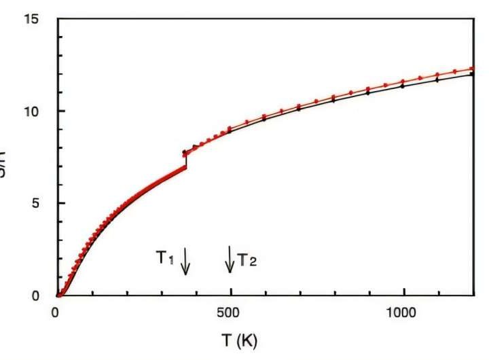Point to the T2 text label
point(246,261)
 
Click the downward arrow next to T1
point(185,262)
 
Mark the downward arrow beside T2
point(230,259)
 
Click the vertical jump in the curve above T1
point(185,160)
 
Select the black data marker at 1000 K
point(404,86)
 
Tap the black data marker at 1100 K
point(439,79)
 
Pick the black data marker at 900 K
point(369,93)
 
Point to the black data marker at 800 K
point(335,101)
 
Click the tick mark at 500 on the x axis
point(230,293)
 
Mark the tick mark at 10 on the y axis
point(60,111)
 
